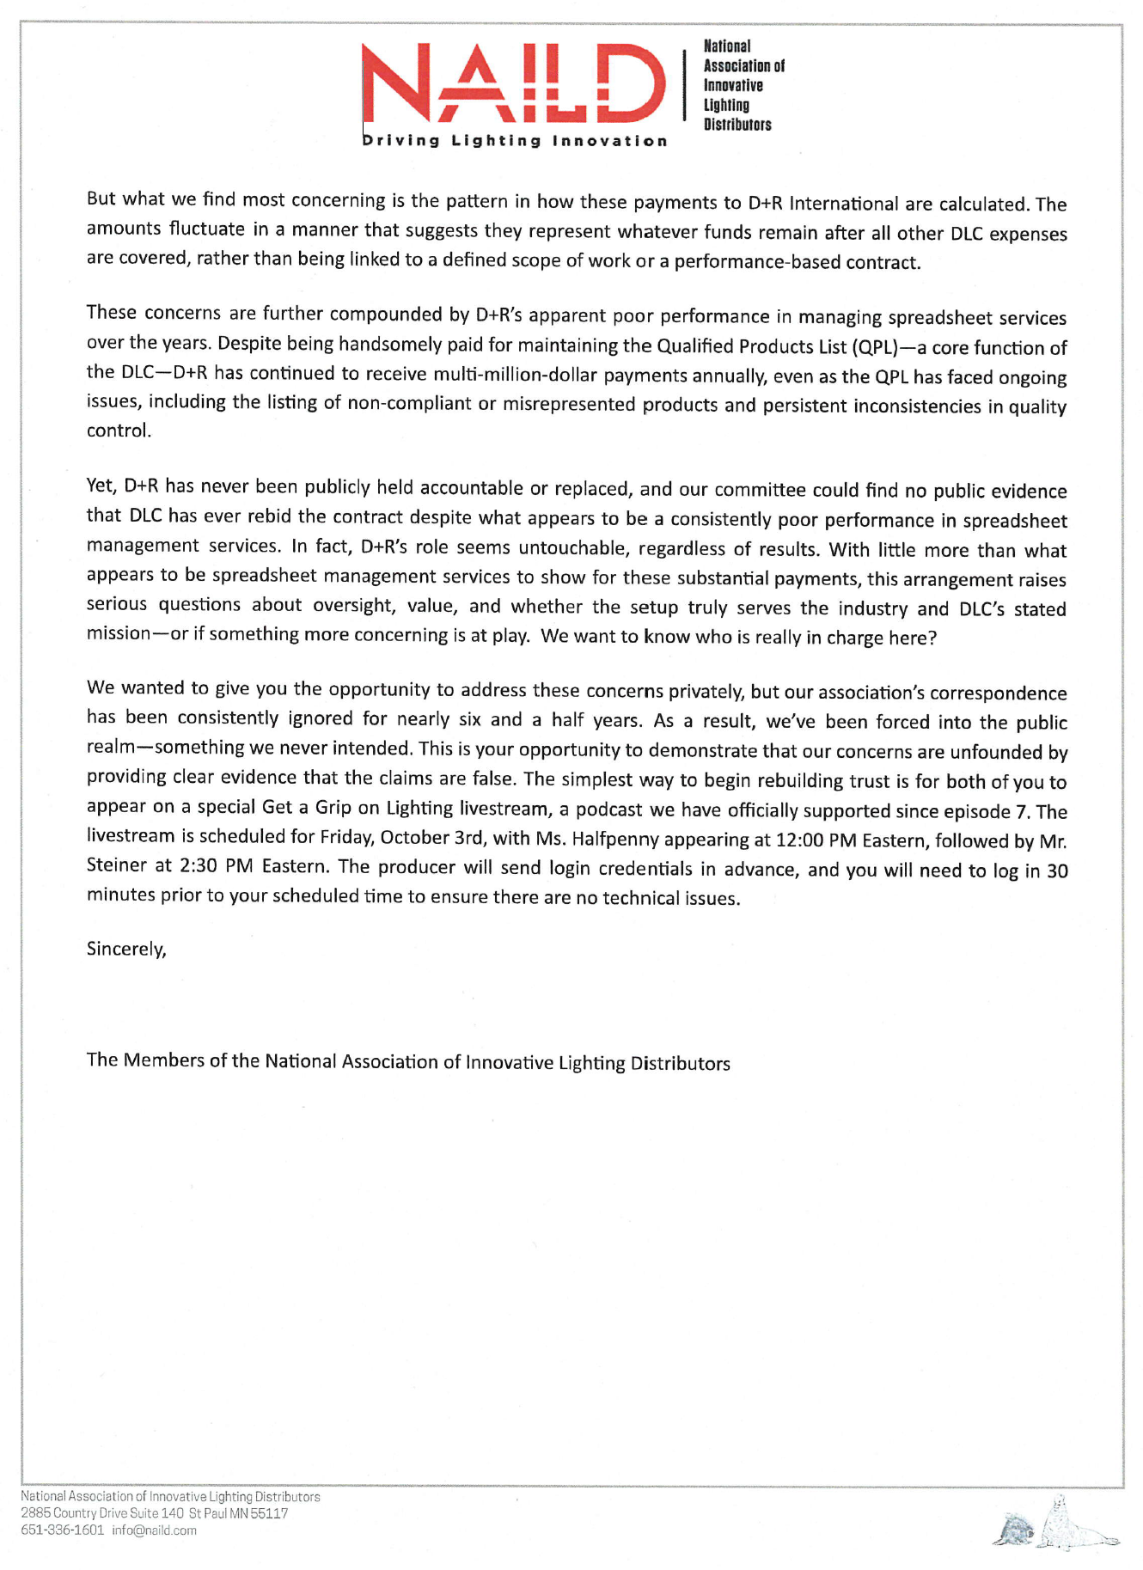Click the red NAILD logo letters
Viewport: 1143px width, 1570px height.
tap(514, 84)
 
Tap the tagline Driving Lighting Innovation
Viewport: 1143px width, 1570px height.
tap(515, 141)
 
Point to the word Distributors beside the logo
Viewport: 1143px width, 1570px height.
tap(737, 125)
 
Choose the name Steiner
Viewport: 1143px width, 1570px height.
tap(117, 865)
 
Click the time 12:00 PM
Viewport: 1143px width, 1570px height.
tap(815, 840)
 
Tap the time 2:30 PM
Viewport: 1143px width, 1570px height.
tap(216, 866)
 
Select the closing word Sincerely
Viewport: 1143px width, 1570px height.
tap(125, 949)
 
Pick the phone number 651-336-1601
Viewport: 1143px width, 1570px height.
tap(62, 1530)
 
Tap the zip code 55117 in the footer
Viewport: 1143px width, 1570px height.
tap(269, 1513)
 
